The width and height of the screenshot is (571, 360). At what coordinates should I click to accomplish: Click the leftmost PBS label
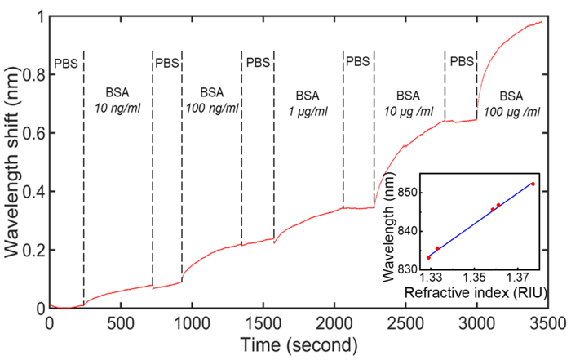66,63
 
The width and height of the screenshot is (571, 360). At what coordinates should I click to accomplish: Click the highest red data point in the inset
533,184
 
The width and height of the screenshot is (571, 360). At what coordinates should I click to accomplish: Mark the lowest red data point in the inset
428,257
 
